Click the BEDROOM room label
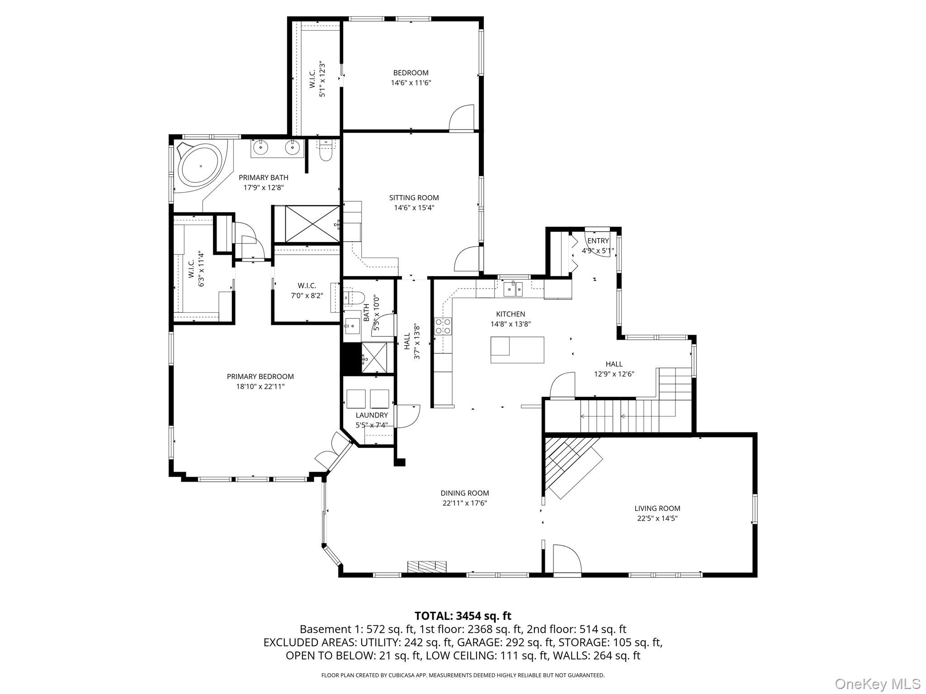pos(411,73)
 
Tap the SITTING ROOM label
pos(414,197)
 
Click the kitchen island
pos(517,350)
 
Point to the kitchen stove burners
pos(443,326)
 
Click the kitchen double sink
pos(513,288)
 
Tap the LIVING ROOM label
pos(657,508)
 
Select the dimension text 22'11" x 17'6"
pos(464,503)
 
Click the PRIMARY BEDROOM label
pos(260,376)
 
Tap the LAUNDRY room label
pos(372,415)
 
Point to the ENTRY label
pos(598,241)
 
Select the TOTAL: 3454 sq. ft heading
pos(463,616)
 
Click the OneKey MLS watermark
pos(877,684)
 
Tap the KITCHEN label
pos(510,314)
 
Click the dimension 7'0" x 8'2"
pos(307,296)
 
